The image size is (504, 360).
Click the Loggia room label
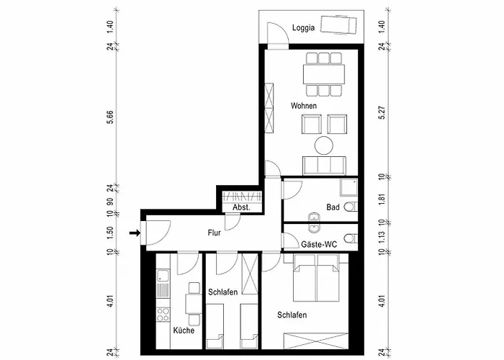click(303, 28)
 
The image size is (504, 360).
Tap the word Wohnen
click(303, 106)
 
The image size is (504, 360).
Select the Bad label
click(333, 207)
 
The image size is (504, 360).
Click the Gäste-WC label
click(319, 245)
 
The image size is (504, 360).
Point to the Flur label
click(214, 233)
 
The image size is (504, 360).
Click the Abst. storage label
click(241, 207)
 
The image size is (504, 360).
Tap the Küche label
click(184, 330)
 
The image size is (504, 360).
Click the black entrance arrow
click(135, 233)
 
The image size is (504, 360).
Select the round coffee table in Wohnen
click(324, 145)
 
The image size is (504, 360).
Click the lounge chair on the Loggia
click(338, 24)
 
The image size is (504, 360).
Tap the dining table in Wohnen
click(324, 73)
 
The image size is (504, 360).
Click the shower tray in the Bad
click(348, 188)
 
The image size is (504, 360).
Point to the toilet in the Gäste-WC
click(351, 239)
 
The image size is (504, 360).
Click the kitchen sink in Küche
click(163, 276)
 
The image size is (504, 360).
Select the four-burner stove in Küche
click(163, 315)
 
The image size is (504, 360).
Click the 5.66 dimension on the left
click(110, 117)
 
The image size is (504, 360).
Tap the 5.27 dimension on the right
click(382, 112)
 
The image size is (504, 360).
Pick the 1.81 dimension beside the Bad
click(382, 199)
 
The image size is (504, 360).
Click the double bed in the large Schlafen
click(316, 278)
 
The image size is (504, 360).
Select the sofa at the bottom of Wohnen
click(324, 166)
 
